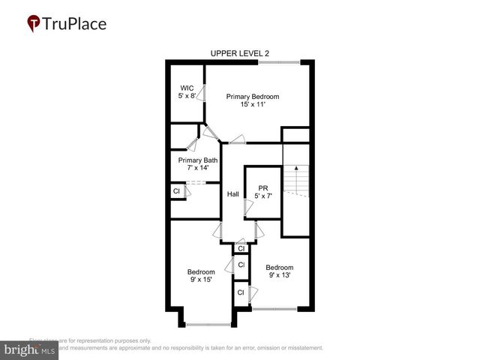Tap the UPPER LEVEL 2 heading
coord(239,53)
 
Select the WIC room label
coord(187,87)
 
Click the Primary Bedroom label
coord(253,96)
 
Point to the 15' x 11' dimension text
coord(253,105)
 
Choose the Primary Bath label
coord(198,160)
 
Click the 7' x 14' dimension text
coord(198,169)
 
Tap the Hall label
coord(234,194)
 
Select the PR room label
coord(262,187)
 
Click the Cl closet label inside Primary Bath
coord(176,191)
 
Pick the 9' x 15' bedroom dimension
coord(201,280)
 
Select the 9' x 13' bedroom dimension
coord(279,276)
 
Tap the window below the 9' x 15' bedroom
coord(208,324)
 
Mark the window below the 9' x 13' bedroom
coord(274,309)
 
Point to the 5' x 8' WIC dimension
coord(187,96)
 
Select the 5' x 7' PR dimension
coord(262,196)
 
